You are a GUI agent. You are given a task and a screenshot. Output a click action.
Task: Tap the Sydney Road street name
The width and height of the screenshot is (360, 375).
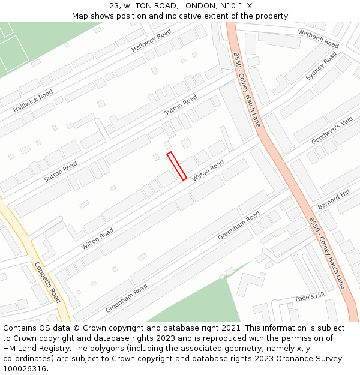click(321, 66)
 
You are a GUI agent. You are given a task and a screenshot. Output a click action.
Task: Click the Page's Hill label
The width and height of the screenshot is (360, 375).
click(310, 295)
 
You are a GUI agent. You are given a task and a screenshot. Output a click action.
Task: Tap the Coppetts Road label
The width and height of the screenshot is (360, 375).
click(47, 283)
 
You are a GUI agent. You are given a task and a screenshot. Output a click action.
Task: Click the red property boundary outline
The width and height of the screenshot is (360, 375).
click(176, 166)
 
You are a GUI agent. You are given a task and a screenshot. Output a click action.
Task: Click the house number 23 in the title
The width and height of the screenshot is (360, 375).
click(114, 6)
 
